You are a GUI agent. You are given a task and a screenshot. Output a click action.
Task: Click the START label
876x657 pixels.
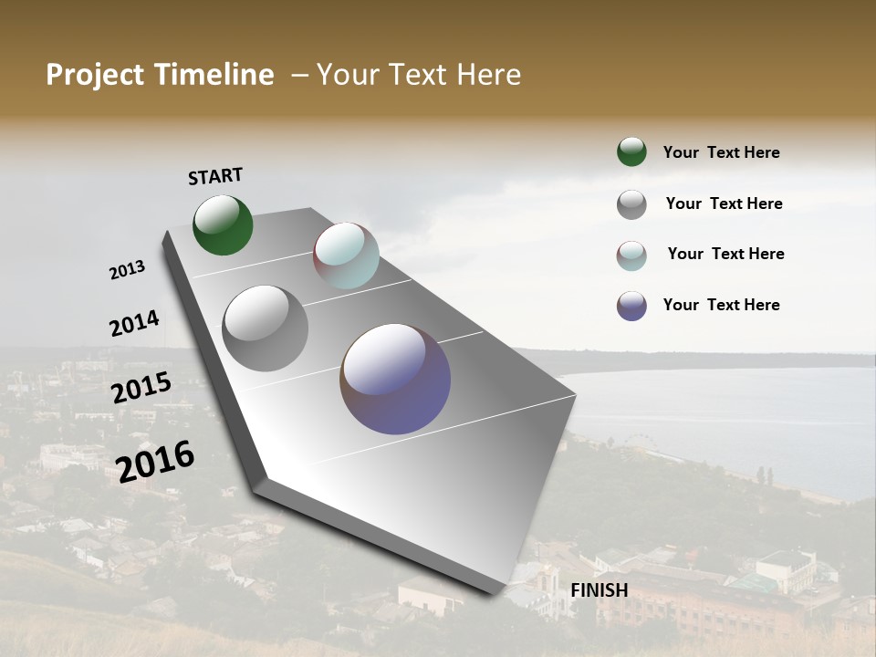point(215,176)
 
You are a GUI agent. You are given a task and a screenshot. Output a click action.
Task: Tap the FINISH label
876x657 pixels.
point(599,590)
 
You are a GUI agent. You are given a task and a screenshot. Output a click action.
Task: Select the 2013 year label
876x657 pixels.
point(127,270)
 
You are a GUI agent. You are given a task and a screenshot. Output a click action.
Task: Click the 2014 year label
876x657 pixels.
point(134,324)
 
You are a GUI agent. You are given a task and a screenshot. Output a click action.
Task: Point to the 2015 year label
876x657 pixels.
point(141,387)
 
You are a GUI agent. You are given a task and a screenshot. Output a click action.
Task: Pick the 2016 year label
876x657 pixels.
point(155,461)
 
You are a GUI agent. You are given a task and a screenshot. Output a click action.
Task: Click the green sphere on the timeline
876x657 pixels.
point(223,224)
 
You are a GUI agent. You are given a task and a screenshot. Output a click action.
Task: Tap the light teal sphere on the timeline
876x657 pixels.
point(346,255)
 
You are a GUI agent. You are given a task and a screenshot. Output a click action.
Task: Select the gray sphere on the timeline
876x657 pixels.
point(265,328)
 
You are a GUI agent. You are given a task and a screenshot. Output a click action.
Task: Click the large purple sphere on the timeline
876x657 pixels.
point(395,378)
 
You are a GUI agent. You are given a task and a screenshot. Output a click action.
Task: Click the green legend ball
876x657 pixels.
point(631,151)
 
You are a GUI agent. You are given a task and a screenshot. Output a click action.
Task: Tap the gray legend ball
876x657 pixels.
point(631,204)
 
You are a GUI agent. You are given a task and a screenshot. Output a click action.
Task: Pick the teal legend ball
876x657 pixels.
point(631,255)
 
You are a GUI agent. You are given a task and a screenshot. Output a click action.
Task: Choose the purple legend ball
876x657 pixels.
point(631,306)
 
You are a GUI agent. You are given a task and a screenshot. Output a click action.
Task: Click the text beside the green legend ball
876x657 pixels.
point(721,152)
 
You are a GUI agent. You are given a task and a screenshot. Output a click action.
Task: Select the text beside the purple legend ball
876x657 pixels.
point(721,305)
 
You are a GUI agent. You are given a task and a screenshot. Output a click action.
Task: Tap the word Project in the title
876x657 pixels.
point(95,75)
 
